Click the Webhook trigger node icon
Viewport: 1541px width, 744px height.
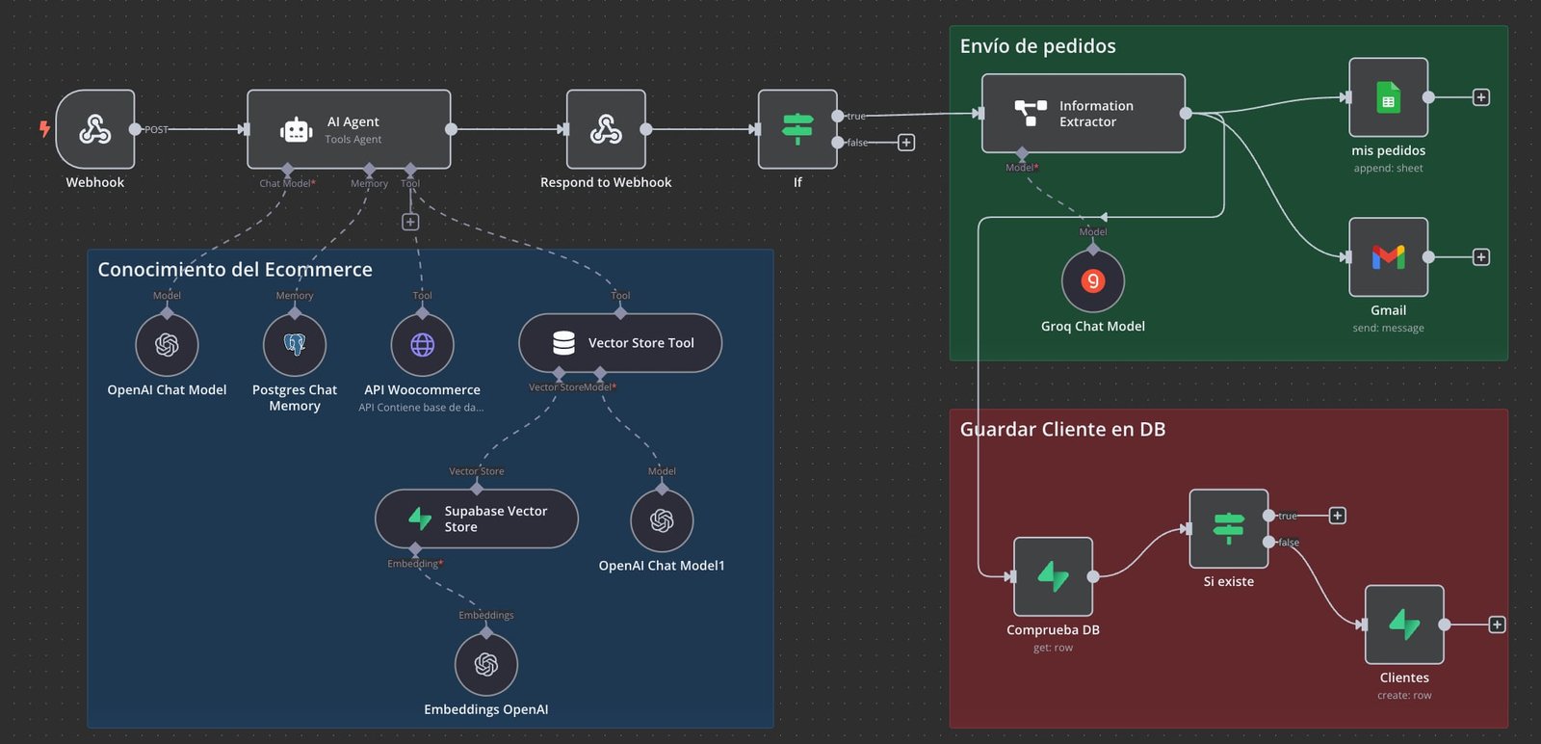pyautogui.click(x=94, y=129)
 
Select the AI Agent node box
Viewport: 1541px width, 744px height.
pyautogui.click(x=349, y=129)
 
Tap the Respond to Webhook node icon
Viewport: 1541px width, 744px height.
pyautogui.click(x=606, y=129)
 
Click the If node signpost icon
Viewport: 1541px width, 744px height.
pyautogui.click(x=797, y=129)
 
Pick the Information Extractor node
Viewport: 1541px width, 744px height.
pyautogui.click(x=1083, y=114)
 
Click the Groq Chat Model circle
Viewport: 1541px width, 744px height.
pyautogui.click(x=1092, y=281)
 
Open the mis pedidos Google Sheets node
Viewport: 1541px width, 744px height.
pyautogui.click(x=1388, y=97)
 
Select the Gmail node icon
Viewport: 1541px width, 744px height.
pyautogui.click(x=1388, y=257)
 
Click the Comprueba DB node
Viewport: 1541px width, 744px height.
pyautogui.click(x=1053, y=576)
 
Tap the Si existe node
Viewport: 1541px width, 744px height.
pyautogui.click(x=1228, y=528)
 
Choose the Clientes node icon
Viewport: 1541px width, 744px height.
pyautogui.click(x=1404, y=624)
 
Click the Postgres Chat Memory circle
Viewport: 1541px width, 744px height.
pyautogui.click(x=295, y=345)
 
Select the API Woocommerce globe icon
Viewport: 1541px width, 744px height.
pyautogui.click(x=422, y=345)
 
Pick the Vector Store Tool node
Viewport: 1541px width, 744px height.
pyautogui.click(x=620, y=343)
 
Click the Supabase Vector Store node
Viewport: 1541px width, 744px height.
pyautogui.click(x=477, y=519)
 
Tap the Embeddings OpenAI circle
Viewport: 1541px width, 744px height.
pyautogui.click(x=486, y=665)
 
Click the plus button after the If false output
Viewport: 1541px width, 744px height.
pyautogui.click(x=906, y=143)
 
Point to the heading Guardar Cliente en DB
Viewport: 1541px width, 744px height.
pyautogui.click(x=1062, y=430)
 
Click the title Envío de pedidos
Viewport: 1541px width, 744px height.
pyautogui.click(x=1037, y=46)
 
